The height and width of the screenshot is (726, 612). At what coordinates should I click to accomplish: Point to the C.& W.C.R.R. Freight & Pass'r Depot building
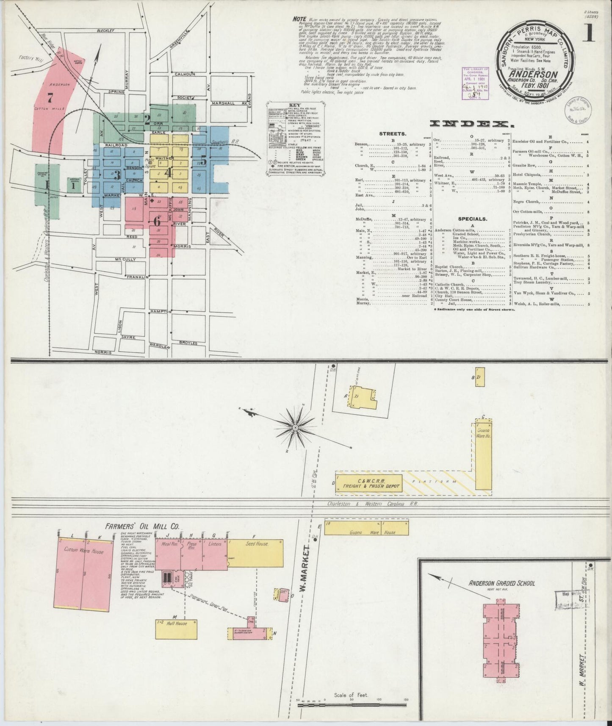click(x=368, y=483)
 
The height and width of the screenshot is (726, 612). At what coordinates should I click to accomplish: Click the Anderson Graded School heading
click(x=501, y=583)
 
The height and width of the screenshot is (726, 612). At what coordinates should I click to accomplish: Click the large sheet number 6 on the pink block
click(x=157, y=221)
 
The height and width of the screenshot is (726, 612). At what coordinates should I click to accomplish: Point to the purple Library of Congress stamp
click(x=475, y=83)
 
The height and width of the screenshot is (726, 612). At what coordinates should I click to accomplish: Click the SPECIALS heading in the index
click(x=472, y=219)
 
